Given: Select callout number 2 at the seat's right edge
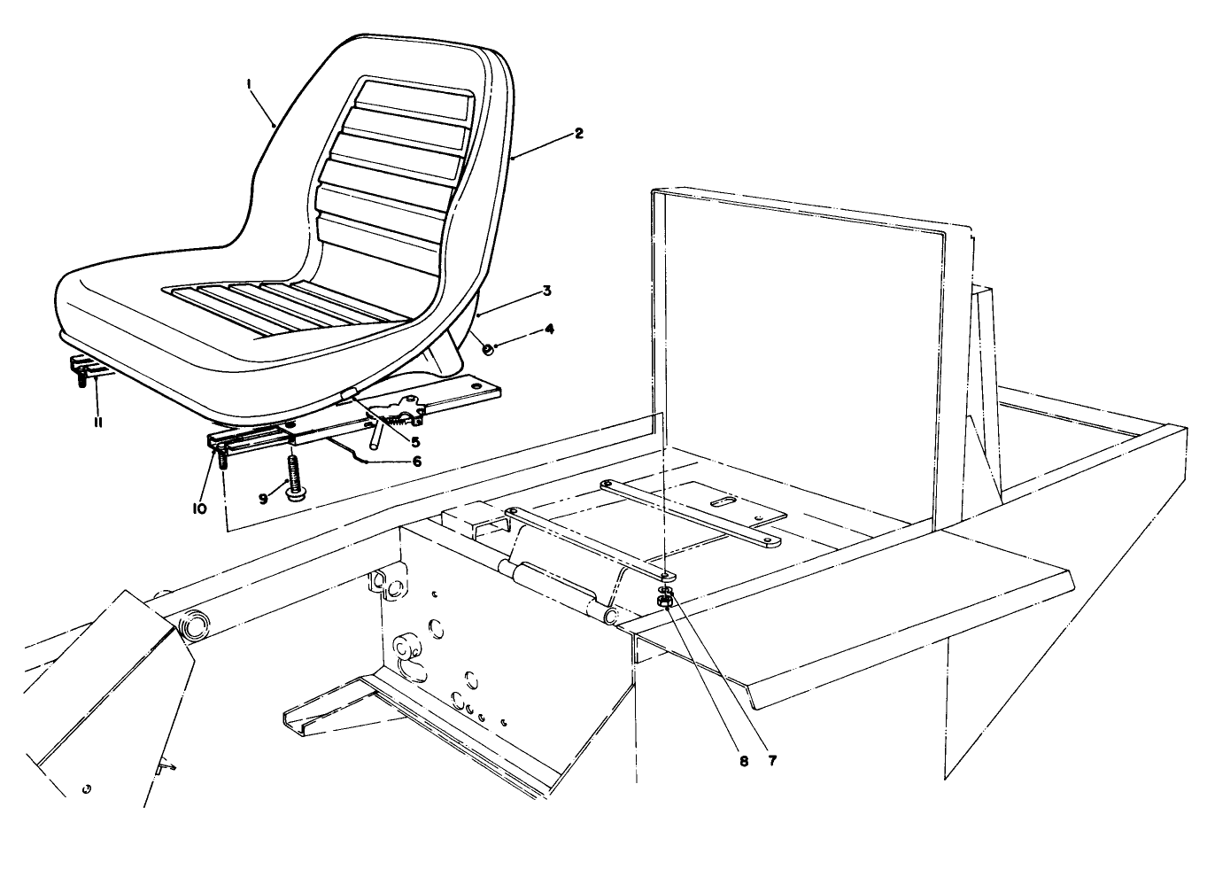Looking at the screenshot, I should coord(577,134).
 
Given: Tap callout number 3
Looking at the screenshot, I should coord(547,291).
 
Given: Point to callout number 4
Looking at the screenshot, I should coord(550,329).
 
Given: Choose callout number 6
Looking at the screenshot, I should coord(416,461).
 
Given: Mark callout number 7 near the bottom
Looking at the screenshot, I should coord(773,761).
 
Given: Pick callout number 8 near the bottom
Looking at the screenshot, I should coord(745,761).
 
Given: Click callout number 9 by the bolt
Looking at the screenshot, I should coord(263,499).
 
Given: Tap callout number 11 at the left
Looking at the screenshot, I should coord(98,423).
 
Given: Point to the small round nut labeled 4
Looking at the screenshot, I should coord(488,348).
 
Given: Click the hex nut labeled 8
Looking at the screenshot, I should coord(667,602).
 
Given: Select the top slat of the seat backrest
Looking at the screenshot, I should coord(414,94).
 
